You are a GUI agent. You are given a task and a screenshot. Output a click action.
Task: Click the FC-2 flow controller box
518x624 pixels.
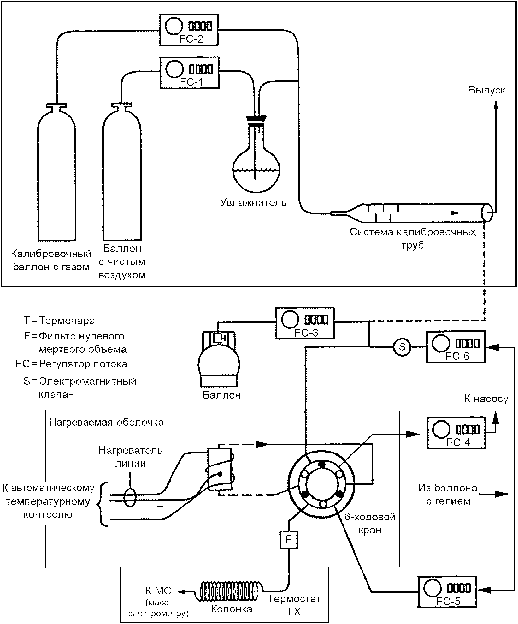[x=189, y=29]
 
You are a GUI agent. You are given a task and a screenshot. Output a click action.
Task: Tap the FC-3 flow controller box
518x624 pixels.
[x=304, y=323]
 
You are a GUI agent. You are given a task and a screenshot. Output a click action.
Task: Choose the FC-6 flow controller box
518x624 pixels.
[x=455, y=346]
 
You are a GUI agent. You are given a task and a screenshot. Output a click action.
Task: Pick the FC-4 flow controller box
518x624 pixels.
[x=456, y=433]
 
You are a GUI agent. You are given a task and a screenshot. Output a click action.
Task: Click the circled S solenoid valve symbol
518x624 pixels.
[x=402, y=347]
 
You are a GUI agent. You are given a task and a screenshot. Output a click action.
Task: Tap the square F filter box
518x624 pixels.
[x=289, y=539]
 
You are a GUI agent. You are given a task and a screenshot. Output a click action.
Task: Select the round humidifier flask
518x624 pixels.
[x=256, y=167]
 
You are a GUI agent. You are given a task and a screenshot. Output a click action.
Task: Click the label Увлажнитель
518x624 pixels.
[x=253, y=202]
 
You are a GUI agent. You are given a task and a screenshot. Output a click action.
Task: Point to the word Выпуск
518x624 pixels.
[x=487, y=90]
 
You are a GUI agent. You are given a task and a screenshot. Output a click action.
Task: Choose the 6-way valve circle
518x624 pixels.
[x=321, y=484]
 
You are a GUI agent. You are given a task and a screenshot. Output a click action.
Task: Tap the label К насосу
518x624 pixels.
[x=486, y=399]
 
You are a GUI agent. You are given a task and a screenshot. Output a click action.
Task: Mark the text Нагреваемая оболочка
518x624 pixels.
[x=106, y=423]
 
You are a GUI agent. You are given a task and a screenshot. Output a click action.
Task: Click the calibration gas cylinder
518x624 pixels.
[x=56, y=177]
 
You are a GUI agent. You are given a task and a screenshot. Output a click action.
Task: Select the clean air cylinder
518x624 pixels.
[x=121, y=177]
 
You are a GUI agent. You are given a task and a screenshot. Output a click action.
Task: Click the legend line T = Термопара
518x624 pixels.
[x=59, y=321]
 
